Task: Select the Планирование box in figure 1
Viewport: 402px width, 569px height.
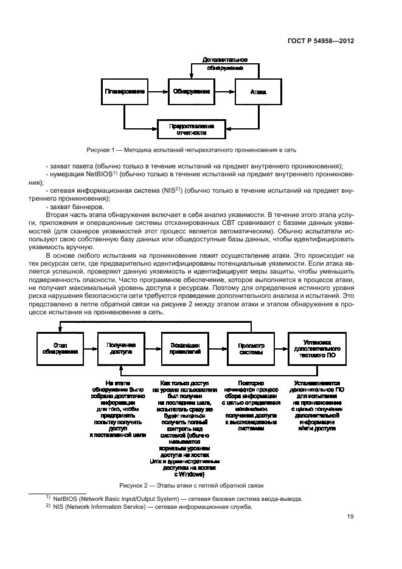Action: coord(124,92)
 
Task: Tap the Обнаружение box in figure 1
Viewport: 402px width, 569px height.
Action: coord(192,92)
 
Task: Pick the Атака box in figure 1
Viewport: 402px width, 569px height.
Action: coord(258,92)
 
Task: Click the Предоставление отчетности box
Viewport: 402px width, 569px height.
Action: coord(192,128)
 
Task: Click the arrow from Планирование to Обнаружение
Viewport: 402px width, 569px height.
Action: coord(158,92)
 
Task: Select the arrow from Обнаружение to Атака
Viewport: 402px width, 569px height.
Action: coord(225,92)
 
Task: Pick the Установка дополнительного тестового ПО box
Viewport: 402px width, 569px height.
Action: coord(317,348)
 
